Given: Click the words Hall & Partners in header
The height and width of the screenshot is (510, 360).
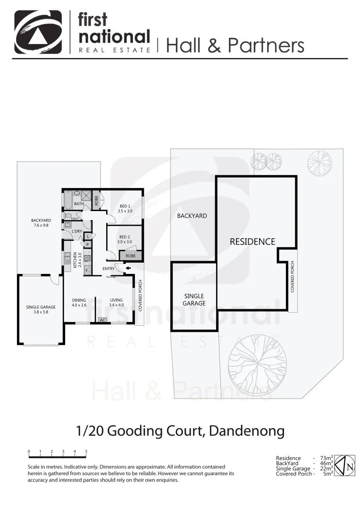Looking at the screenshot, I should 235,45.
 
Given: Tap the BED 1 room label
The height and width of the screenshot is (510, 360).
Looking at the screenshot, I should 125,209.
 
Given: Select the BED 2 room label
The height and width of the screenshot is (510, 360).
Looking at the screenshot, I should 125,238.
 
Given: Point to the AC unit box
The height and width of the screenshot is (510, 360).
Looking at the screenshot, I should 102,320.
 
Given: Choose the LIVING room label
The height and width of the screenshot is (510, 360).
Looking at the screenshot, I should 116,302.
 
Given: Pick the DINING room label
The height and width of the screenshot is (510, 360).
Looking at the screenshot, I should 79,302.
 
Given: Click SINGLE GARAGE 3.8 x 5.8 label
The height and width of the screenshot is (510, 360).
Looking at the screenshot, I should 41,309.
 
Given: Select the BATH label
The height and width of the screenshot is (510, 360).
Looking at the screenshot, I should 79,204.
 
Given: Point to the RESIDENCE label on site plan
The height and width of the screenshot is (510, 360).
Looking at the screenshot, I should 252,242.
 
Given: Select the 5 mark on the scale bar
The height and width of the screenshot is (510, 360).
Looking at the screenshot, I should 86,451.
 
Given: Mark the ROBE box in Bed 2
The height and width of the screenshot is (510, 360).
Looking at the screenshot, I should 130,255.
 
